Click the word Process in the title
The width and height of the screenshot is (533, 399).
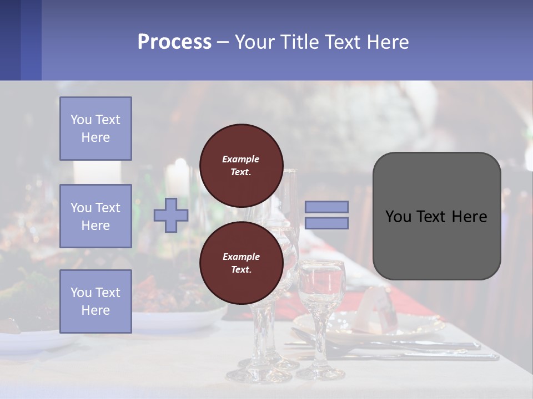(x=174, y=42)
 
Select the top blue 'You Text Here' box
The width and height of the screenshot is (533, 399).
(x=95, y=129)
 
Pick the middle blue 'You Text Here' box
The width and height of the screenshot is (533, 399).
(x=95, y=216)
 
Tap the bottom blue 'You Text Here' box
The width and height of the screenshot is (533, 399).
(x=95, y=301)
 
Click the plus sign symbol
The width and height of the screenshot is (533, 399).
(x=171, y=216)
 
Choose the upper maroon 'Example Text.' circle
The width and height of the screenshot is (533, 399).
(x=242, y=165)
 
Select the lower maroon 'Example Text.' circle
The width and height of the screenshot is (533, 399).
(x=242, y=263)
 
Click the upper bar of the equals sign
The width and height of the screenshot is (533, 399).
(x=327, y=207)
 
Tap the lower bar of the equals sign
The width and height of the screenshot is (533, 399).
(x=327, y=223)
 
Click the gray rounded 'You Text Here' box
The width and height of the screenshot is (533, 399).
(x=436, y=216)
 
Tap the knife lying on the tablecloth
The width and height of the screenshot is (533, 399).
(x=422, y=355)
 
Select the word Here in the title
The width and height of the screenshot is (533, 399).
(x=386, y=42)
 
